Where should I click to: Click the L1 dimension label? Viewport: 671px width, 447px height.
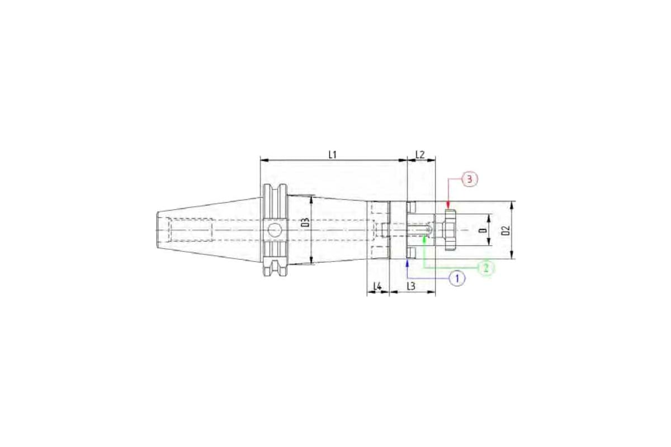pos(333,155)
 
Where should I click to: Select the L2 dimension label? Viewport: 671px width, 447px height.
pos(420,155)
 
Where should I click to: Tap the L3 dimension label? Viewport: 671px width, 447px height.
pos(412,287)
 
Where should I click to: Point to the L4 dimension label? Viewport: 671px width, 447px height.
pos(377,287)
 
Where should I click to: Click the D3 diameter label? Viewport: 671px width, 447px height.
pos(306,222)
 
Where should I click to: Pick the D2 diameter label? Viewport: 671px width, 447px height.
pos(506,230)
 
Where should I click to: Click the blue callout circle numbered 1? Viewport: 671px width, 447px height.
pos(457,279)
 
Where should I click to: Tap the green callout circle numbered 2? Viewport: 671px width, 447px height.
pos(486,268)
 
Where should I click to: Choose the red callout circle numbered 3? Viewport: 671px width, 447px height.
pos(470,179)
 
